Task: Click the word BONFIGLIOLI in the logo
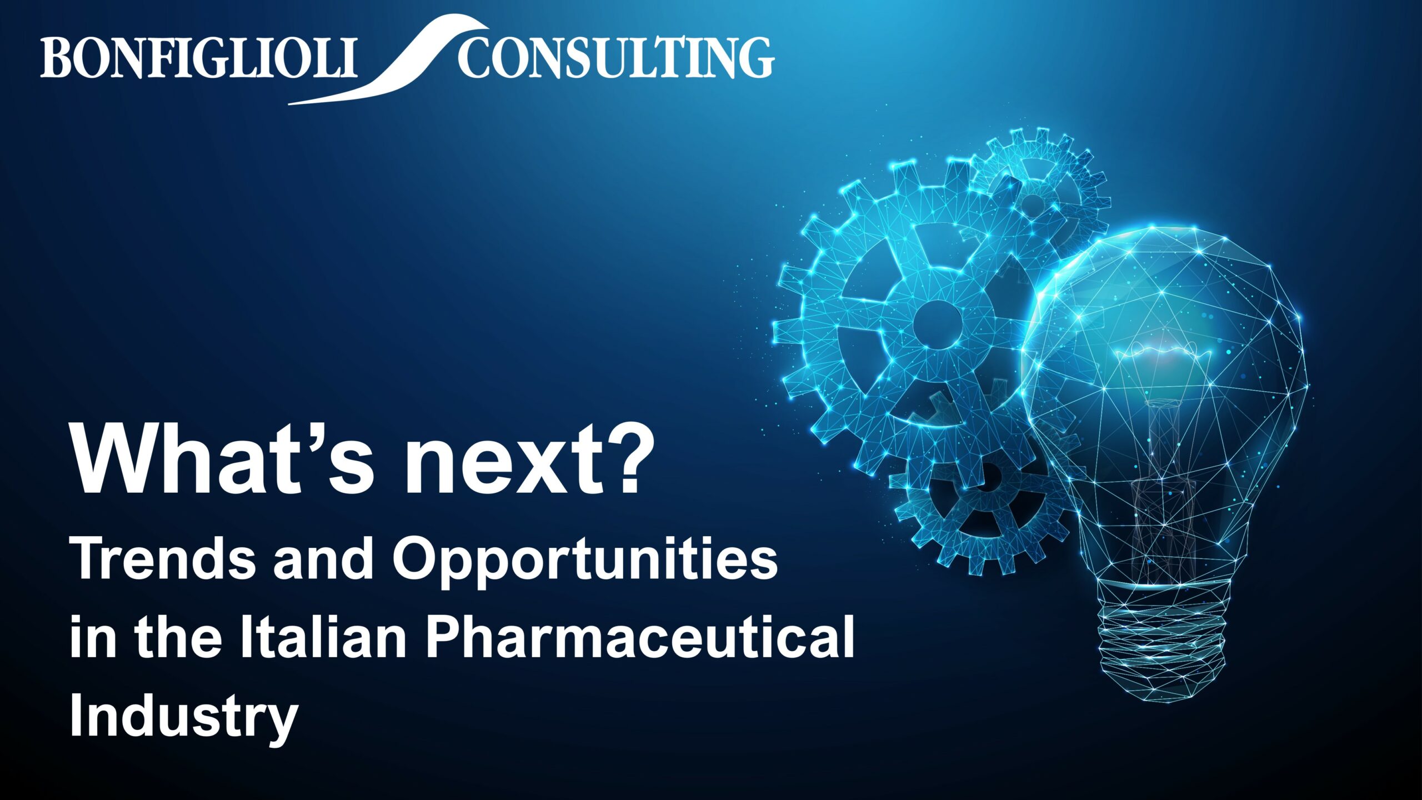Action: pyautogui.click(x=198, y=57)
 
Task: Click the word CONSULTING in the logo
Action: pyautogui.click(x=616, y=57)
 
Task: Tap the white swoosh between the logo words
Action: pyautogui.click(x=389, y=59)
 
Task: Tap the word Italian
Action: pyautogui.click(x=323, y=638)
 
